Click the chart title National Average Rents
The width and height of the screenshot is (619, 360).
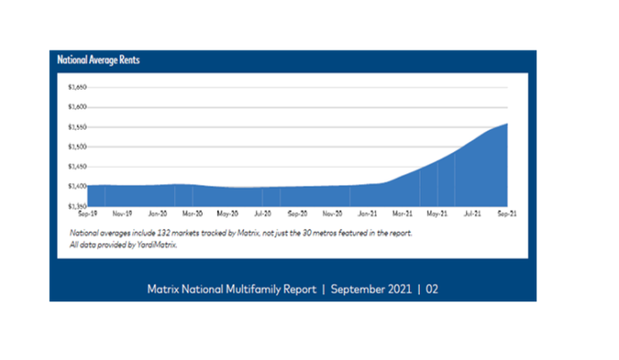point(98,61)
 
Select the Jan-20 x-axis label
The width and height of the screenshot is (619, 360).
point(157,214)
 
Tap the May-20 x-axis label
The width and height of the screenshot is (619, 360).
point(227,214)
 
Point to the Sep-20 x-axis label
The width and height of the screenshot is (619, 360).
point(297,214)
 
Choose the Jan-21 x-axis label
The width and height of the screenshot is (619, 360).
point(366,214)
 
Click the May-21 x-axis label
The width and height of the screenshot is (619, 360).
point(436,214)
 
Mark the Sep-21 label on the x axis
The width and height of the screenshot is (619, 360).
point(506,214)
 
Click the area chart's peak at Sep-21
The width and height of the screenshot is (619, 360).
point(507,124)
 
